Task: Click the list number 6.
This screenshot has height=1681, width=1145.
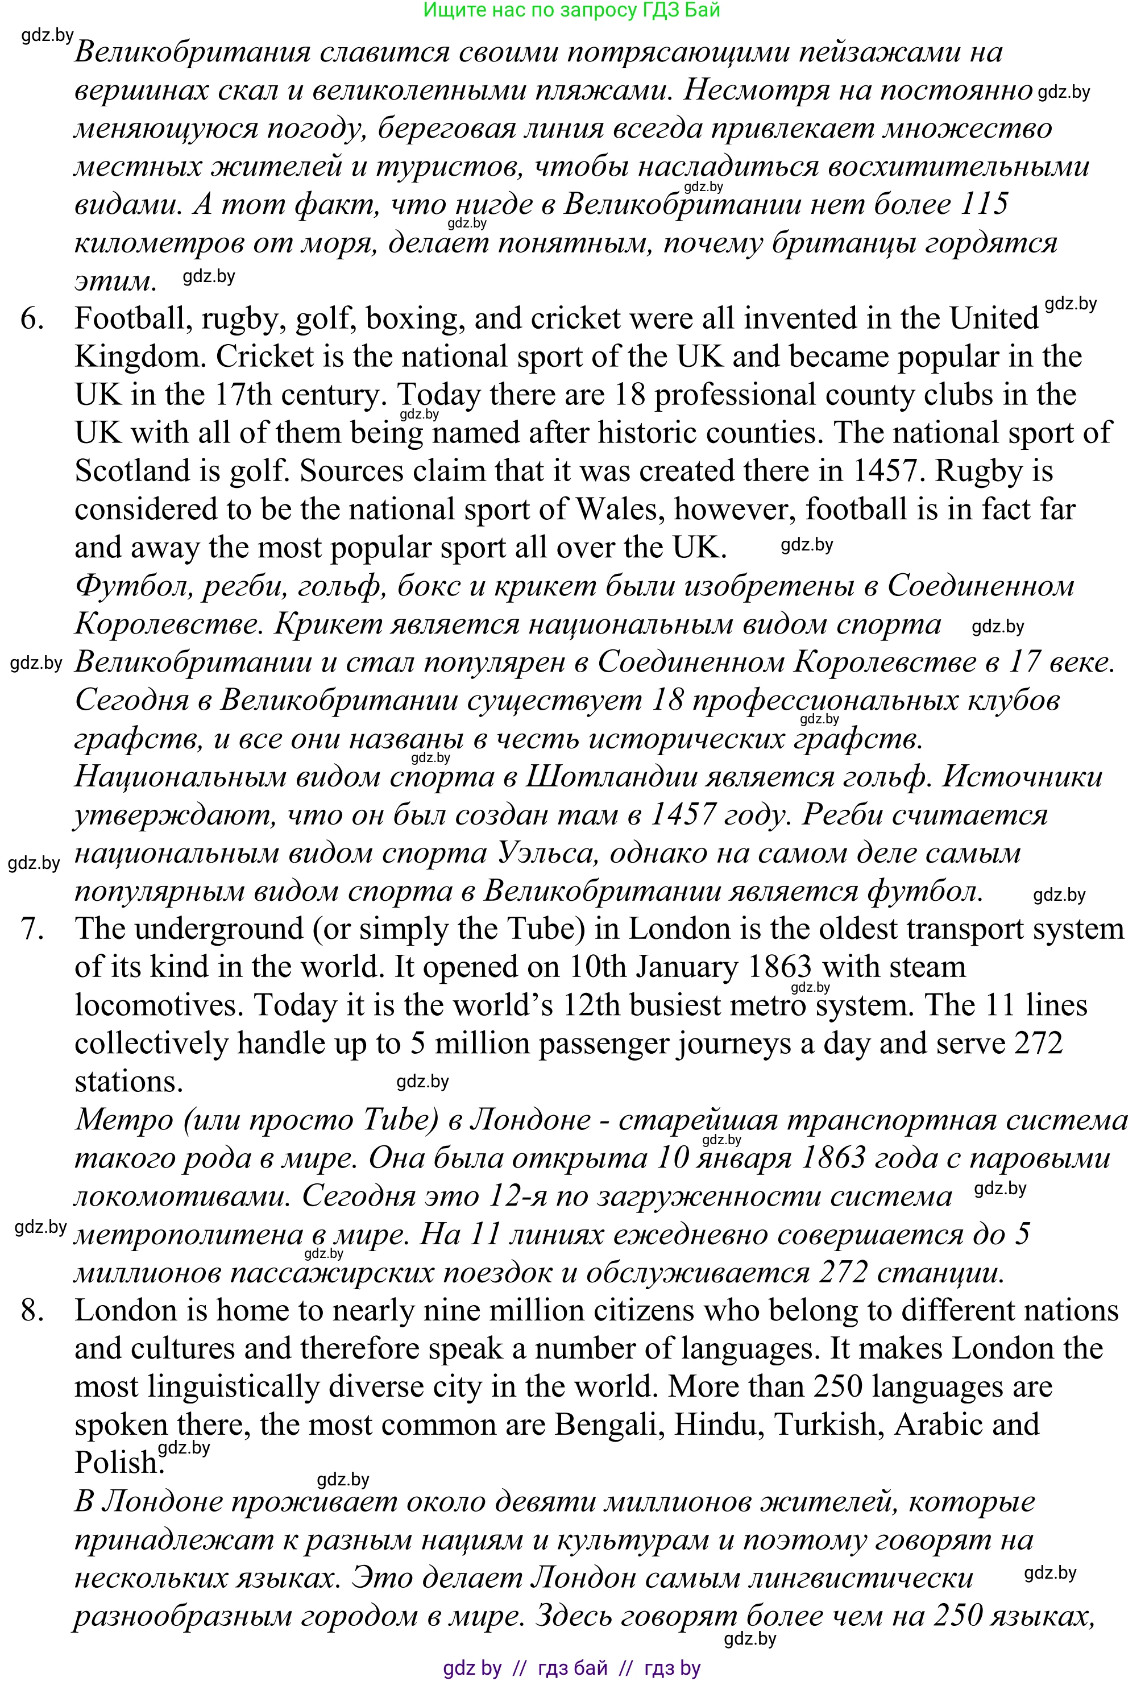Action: click(32, 319)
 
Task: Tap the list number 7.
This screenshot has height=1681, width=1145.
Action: click(32, 929)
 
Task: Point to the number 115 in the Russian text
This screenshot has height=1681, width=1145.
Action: click(984, 205)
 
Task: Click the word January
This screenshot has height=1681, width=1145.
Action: click(673, 967)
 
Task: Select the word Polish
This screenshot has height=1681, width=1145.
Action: click(116, 1463)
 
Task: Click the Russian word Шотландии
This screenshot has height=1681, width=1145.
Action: click(610, 777)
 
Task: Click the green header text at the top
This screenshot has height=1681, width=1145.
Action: click(571, 10)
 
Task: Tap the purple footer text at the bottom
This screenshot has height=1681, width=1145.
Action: click(571, 1668)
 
